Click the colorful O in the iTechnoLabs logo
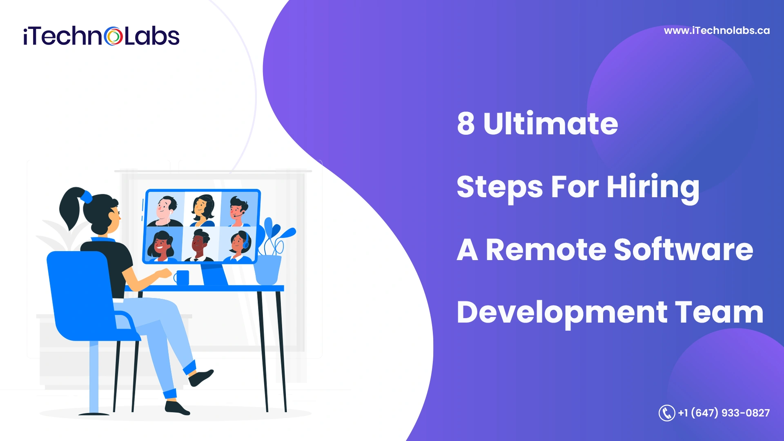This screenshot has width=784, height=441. coord(113,36)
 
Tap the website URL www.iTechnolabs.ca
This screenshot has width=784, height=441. coord(717,31)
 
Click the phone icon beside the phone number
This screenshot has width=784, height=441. coord(666,413)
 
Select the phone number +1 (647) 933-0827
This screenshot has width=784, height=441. coord(724,413)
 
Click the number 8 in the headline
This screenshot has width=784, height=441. coord(466,123)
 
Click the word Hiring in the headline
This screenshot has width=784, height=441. coord(653,187)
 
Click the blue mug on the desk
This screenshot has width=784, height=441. coord(182,278)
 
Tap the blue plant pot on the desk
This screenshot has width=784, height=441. coord(267,269)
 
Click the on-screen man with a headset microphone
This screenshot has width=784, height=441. coord(238,211)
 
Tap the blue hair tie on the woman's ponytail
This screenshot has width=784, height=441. coord(86,197)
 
